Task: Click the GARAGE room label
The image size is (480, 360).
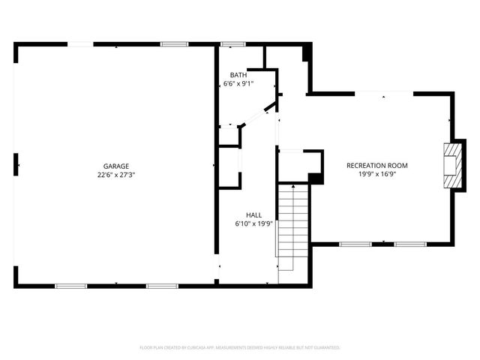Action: (x=116, y=166)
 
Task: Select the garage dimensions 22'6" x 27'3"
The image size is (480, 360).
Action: (x=116, y=175)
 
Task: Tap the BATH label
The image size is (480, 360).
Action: (x=238, y=75)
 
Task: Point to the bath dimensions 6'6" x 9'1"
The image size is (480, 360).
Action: (x=238, y=84)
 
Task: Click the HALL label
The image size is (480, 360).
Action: (x=253, y=214)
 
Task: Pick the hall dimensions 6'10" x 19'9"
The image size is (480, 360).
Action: (x=253, y=223)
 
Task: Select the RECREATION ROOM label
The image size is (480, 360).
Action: (x=376, y=165)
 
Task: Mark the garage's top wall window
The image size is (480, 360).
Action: (x=174, y=44)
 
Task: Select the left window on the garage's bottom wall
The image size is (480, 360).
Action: (x=70, y=286)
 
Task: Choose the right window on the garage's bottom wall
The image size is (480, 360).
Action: (x=161, y=286)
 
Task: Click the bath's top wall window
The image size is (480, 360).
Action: (x=232, y=44)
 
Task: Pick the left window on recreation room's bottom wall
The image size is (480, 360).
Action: (x=355, y=244)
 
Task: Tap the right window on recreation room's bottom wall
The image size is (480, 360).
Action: (x=410, y=244)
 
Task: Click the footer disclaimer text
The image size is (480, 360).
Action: (x=240, y=348)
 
